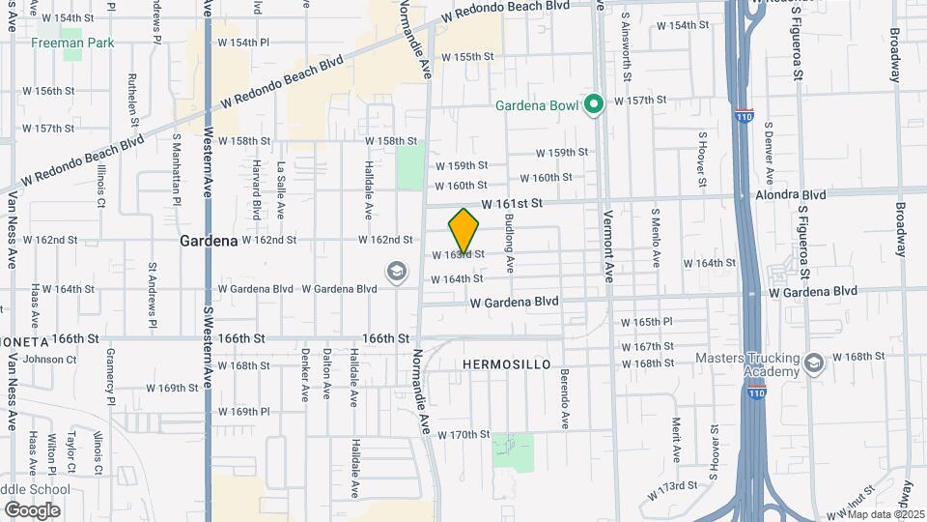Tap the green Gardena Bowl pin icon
click(596, 102)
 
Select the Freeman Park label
click(72, 43)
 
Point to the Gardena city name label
click(209, 240)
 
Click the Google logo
click(32, 509)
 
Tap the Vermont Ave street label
click(608, 246)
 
